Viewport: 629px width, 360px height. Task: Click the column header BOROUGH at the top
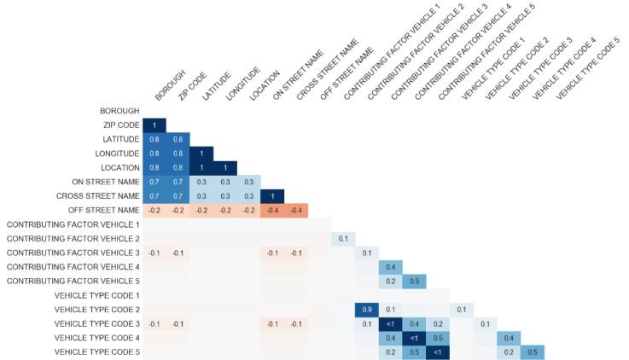tap(166, 88)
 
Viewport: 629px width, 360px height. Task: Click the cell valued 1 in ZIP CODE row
tap(154, 125)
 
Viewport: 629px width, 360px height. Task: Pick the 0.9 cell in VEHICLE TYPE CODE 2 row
tap(367, 309)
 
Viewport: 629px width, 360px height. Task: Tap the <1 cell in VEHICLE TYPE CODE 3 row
tap(391, 323)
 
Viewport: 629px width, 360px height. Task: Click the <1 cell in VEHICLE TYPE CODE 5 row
tap(438, 351)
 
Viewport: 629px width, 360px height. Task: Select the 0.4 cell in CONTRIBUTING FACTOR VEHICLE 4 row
tap(391, 267)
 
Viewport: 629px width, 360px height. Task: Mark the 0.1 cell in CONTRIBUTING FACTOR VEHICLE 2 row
tap(343, 239)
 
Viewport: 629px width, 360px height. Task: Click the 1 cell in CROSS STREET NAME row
tap(272, 196)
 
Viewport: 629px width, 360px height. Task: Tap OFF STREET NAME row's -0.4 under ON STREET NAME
tap(272, 210)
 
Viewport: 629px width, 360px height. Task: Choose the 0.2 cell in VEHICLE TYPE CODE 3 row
tap(438, 323)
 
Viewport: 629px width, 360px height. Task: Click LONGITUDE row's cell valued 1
tap(201, 154)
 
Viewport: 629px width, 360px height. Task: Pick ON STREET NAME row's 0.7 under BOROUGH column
tap(154, 182)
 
